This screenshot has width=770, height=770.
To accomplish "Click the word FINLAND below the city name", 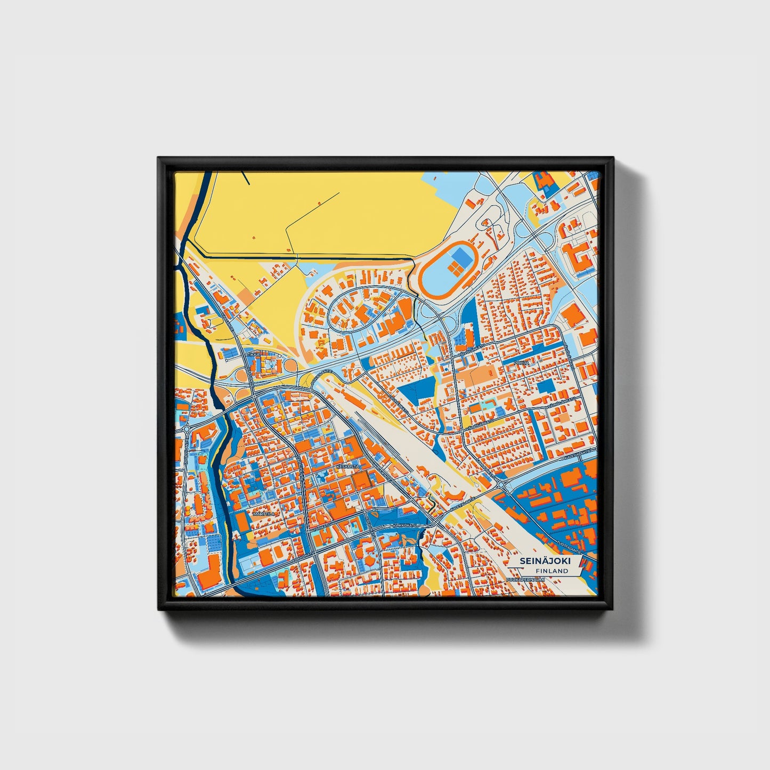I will (x=552, y=571).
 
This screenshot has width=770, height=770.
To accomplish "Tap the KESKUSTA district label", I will (x=348, y=466).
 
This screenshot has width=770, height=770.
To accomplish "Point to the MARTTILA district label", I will (x=264, y=514).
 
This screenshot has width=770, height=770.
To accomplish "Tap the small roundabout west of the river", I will (x=187, y=428).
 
